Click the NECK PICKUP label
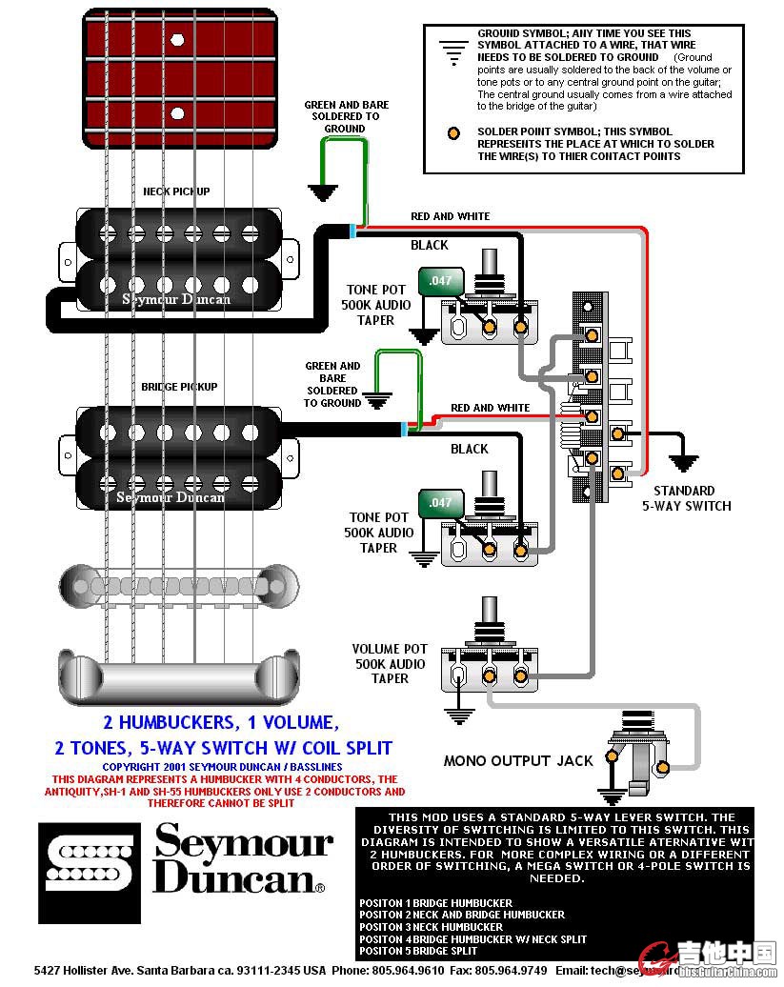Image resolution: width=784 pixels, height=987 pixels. [x=176, y=191]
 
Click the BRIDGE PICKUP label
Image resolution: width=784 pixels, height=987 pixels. [x=179, y=387]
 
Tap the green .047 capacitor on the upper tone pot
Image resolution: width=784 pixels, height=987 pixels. [x=440, y=281]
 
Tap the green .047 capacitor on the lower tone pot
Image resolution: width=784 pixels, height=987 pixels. [x=440, y=502]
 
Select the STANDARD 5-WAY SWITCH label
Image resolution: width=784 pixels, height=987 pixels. [x=686, y=498]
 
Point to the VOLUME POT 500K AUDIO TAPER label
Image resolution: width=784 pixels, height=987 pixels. [x=390, y=663]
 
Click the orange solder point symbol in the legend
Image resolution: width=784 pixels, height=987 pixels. [x=455, y=132]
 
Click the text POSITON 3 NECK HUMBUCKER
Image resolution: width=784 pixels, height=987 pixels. [x=431, y=927]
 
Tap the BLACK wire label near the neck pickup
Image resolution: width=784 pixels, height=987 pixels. [x=429, y=246]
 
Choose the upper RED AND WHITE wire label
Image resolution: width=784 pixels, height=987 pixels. [x=450, y=216]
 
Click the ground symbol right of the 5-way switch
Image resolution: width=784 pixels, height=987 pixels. [x=682, y=462]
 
